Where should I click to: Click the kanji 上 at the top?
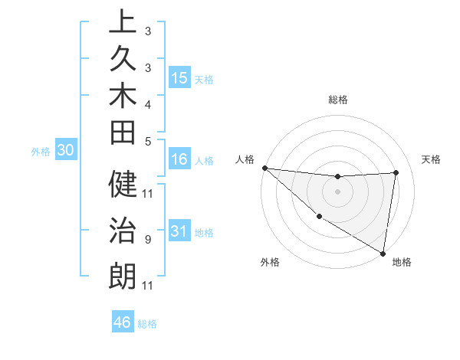tap(123, 21)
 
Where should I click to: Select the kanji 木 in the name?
tap(123, 97)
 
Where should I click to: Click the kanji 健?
tap(123, 185)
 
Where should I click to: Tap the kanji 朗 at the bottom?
tap(123, 274)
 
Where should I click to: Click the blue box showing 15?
tap(179, 77)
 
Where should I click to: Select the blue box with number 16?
tap(179, 159)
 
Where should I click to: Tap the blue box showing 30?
tap(66, 150)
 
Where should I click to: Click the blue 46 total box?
tap(123, 322)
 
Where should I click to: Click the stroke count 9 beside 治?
tap(147, 240)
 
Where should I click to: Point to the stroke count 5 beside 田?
tap(147, 141)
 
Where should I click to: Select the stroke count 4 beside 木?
tap(147, 103)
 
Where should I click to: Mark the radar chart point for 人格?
tap(264, 168)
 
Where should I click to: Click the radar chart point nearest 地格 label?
tap(383, 252)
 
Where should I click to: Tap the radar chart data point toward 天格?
tap(396, 172)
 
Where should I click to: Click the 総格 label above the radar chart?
tap(337, 100)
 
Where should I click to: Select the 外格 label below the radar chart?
tap(270, 263)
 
